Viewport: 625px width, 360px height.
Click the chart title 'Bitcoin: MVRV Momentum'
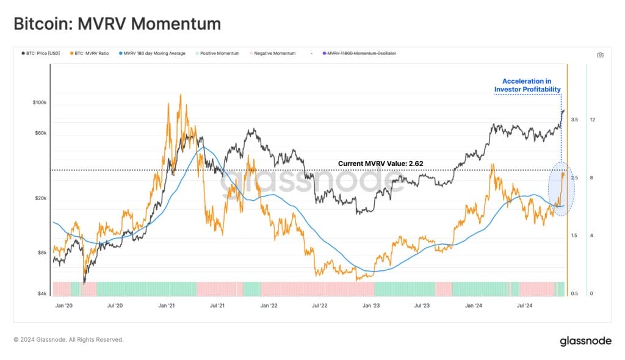pos(117,24)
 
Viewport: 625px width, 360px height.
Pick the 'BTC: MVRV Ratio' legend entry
pos(90,54)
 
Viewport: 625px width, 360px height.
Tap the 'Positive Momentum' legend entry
pos(218,54)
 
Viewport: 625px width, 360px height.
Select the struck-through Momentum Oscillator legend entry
pos(361,54)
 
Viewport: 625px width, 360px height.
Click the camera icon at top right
pos(600,55)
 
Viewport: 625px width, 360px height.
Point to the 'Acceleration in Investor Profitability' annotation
pos(527,85)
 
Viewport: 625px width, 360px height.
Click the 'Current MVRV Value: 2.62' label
pos(380,164)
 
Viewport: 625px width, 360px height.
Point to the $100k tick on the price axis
pos(38,103)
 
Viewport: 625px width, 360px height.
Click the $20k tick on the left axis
pos(39,199)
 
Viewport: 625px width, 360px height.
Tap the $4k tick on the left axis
pos(40,294)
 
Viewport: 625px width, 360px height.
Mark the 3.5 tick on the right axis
pos(574,120)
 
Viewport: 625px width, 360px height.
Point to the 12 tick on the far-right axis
pos(593,120)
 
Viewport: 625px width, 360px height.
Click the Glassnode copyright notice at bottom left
pos(68,340)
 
